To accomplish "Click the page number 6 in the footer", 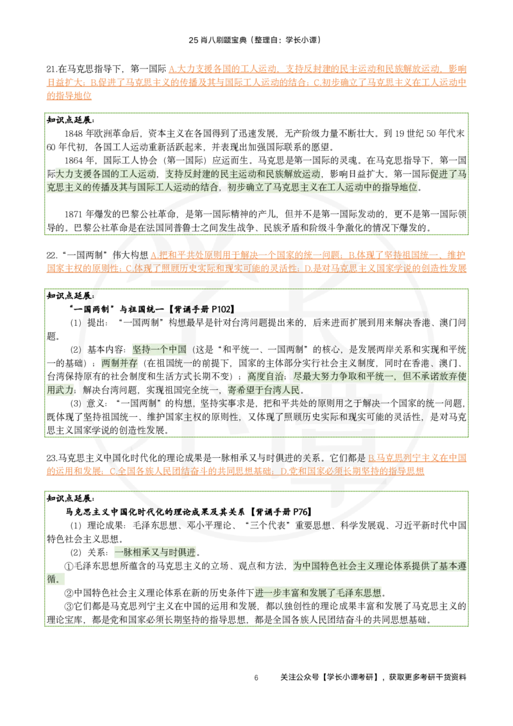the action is (x=256, y=678).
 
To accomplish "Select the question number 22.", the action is (x=51, y=255).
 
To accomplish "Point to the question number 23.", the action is (x=51, y=458).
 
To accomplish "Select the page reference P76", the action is (x=299, y=512).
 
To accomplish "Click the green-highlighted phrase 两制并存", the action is (x=119, y=363).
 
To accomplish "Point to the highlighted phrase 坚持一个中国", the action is (x=160, y=350).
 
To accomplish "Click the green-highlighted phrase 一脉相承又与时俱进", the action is (x=155, y=552).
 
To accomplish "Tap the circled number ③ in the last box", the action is (x=69, y=607).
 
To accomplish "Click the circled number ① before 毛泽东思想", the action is (x=69, y=566).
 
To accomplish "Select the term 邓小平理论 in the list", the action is (x=209, y=525).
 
